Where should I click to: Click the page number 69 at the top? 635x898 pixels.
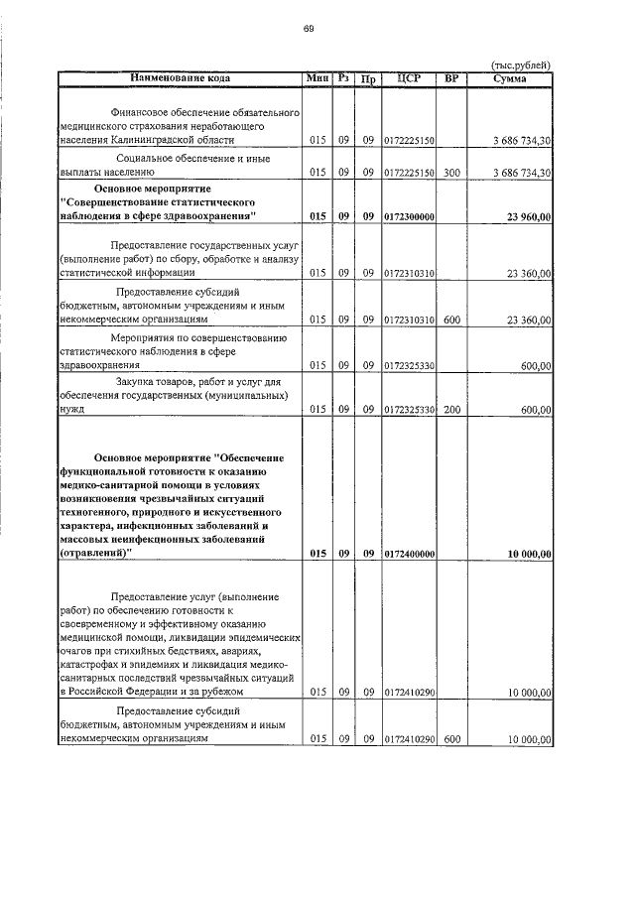pos(309,28)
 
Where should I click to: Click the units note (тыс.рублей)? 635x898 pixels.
pos(522,65)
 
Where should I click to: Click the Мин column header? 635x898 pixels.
pos(317,78)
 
